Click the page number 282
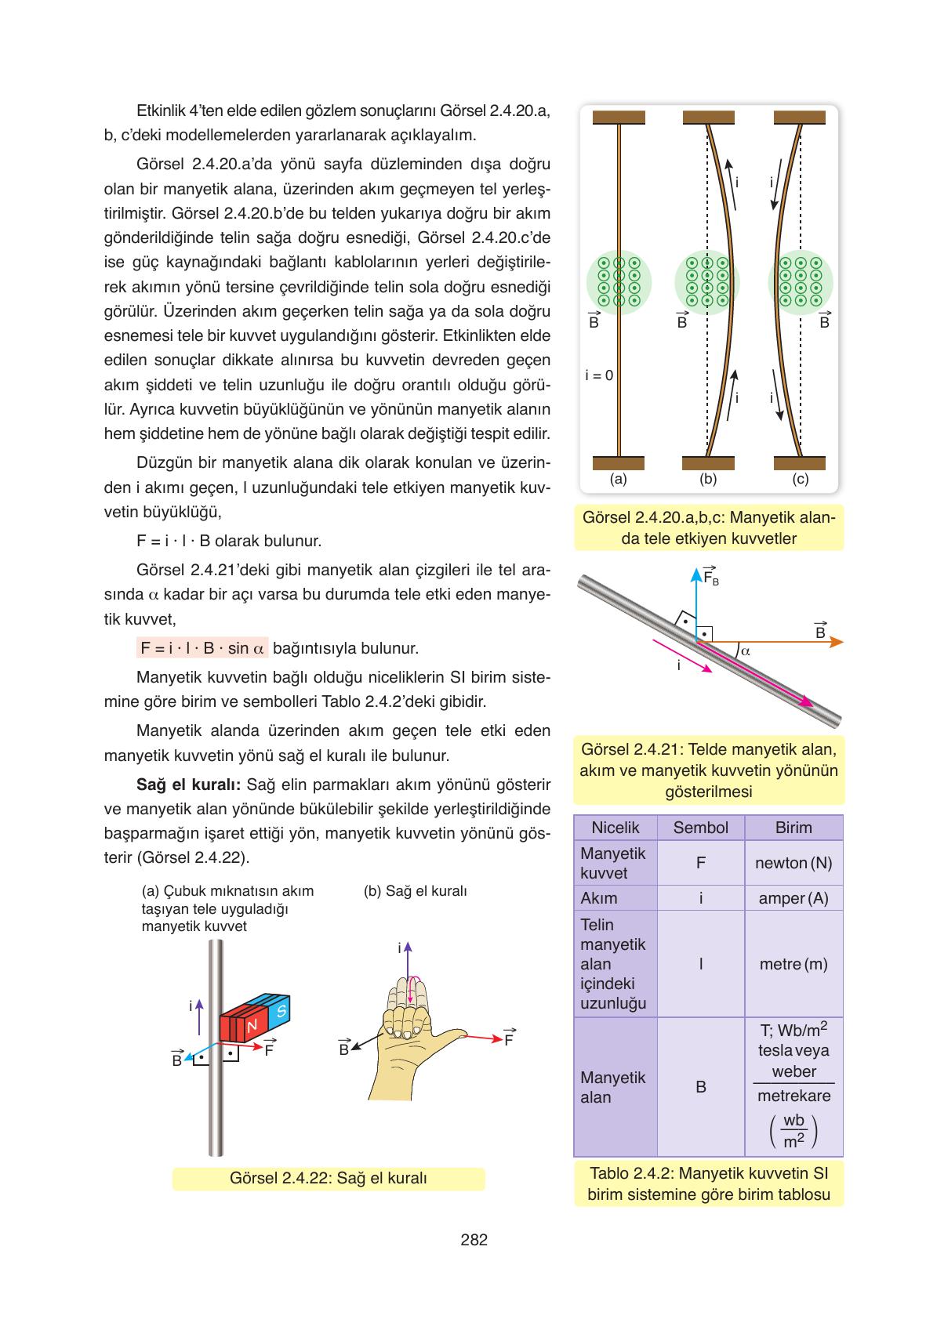pos(474,1240)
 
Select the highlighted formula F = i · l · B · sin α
pos(202,648)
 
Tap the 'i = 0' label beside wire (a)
pos(599,375)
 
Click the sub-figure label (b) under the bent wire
pos(708,479)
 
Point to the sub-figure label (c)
pos(800,479)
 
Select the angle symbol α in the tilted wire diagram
pos(746,650)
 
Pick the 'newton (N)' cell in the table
pos(793,863)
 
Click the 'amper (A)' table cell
pos(793,898)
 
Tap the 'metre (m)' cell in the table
pos(793,964)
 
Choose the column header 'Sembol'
pos(700,828)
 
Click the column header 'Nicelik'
pos(616,828)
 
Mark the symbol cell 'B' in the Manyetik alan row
pos(700,1087)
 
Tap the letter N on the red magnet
pos(252,1026)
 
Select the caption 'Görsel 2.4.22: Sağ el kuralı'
pos(328,1179)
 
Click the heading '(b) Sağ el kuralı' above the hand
pos(416,891)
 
